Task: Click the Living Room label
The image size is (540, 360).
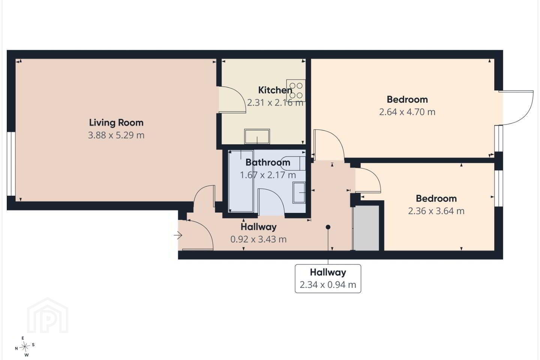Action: (x=116, y=123)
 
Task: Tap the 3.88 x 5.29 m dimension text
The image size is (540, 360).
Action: (x=116, y=135)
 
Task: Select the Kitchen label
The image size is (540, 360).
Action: (x=275, y=90)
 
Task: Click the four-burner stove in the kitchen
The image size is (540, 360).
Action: (x=296, y=90)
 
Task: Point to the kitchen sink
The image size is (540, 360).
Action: (x=257, y=136)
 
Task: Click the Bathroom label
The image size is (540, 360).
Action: (x=268, y=162)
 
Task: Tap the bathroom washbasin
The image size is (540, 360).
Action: (x=299, y=192)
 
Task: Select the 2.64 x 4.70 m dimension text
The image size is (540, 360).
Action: (x=407, y=112)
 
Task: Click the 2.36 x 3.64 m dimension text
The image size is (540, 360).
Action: (x=436, y=211)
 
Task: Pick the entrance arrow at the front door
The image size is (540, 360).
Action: (x=178, y=235)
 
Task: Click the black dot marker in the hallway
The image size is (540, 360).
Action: (x=328, y=227)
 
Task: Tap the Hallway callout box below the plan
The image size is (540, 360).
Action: (x=328, y=279)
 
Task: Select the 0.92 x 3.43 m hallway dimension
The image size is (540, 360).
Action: (x=258, y=239)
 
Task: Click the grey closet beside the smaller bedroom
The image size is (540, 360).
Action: (x=366, y=228)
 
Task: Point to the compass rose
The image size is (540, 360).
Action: (x=25, y=347)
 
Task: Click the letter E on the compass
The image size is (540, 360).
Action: (x=23, y=338)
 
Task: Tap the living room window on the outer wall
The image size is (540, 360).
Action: (x=11, y=164)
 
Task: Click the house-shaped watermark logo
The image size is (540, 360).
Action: (x=48, y=316)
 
